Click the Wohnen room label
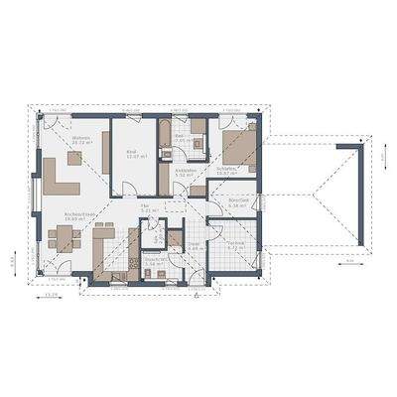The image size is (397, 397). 81,140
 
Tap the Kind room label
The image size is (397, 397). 132,153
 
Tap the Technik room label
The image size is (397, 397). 236,243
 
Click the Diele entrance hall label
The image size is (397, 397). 195,246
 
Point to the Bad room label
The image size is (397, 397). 181,140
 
